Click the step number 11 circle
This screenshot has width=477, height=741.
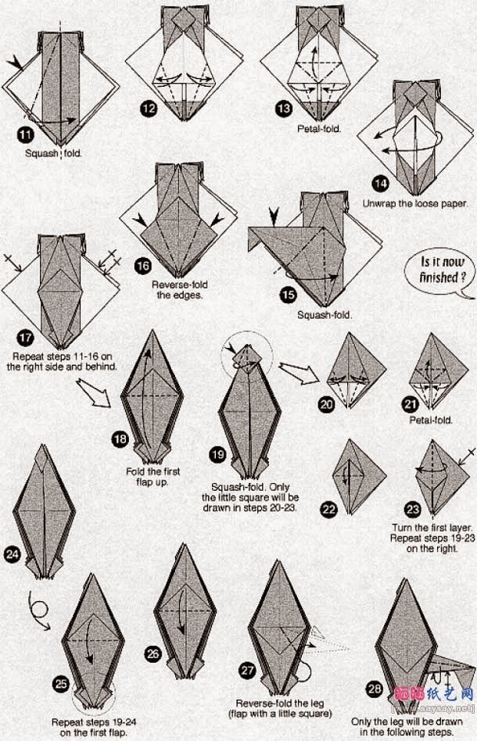26,135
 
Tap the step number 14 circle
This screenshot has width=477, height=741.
381,184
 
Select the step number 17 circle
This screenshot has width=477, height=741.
26,338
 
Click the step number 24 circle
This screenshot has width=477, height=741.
13,555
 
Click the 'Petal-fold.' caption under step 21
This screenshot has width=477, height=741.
431,420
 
